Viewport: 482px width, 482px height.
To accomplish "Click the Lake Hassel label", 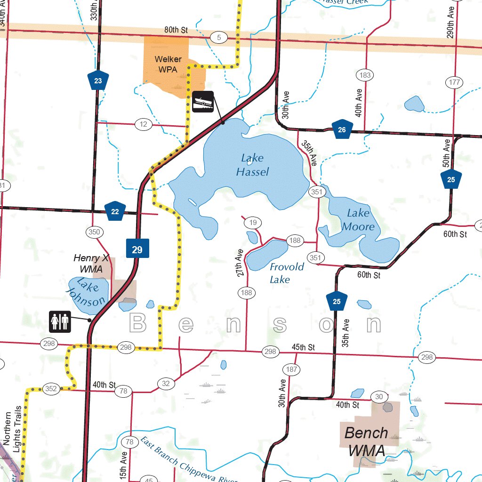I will tap(252, 165).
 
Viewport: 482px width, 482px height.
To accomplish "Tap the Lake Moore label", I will tap(358, 220).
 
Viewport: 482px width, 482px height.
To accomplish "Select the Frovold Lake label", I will tap(286, 273).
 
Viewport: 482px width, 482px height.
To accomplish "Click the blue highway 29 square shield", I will tap(137, 249).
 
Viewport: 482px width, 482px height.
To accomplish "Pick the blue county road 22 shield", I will tap(115, 211).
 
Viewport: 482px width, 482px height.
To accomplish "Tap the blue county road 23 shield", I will tap(98, 80).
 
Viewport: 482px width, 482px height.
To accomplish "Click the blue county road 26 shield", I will tap(342, 130).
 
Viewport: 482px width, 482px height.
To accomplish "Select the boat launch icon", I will tap(203, 101).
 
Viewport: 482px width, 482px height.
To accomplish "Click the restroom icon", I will tap(60, 321).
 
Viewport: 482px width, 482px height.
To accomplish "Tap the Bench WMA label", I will tap(366, 441).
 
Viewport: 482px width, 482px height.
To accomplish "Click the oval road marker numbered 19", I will tap(253, 223).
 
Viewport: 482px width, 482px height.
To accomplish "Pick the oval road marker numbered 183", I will tap(365, 75).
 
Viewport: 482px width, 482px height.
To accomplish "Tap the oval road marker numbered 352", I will tap(51, 389).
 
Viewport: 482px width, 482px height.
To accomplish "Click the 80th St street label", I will tap(176, 30).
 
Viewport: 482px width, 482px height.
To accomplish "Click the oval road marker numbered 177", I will tap(454, 83).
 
